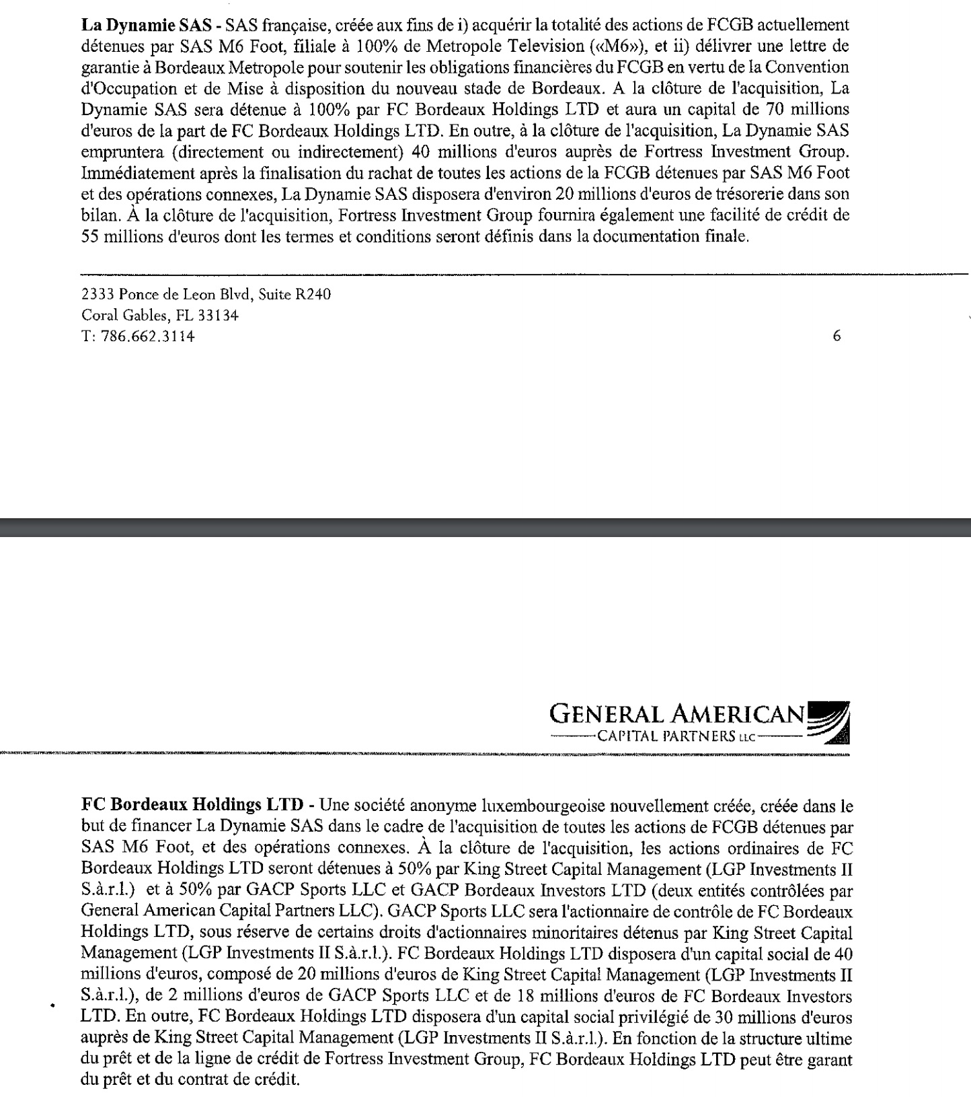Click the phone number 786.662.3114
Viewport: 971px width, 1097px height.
(x=147, y=337)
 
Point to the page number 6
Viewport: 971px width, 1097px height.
(x=837, y=336)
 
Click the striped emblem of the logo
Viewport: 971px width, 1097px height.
(x=829, y=721)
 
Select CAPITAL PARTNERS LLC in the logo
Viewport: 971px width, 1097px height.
(x=676, y=736)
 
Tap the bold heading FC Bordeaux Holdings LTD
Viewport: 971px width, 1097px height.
(x=192, y=804)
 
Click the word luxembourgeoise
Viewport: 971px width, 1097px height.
(x=532, y=804)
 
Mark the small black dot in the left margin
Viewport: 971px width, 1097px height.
(x=51, y=1006)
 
